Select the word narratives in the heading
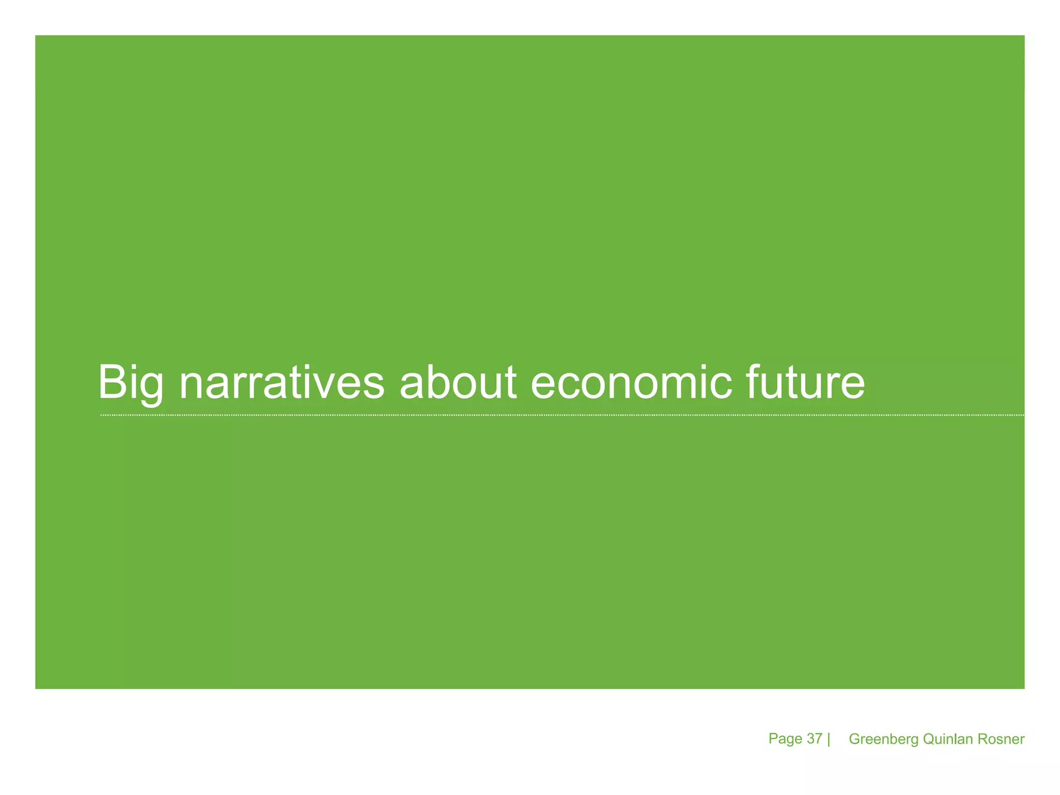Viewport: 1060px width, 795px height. pos(282,383)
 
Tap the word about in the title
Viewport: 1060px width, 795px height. pos(458,383)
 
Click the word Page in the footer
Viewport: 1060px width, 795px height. pos(785,739)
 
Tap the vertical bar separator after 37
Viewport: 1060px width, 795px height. pos(829,739)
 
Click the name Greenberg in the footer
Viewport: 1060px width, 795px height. pos(884,740)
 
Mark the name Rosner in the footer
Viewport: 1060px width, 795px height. pos(1001,739)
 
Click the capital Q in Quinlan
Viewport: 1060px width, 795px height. pos(929,739)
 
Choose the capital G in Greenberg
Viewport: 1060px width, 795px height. pos(855,739)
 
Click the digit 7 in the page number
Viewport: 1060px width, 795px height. pos(818,739)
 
